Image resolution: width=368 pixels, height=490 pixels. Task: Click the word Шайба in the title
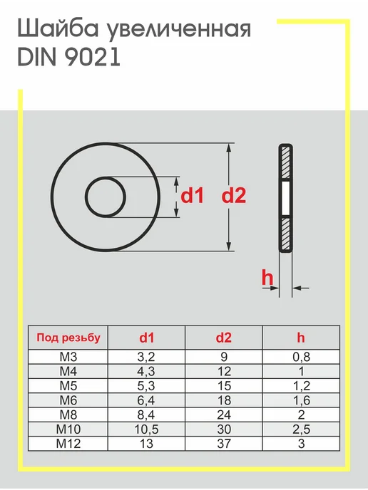58,29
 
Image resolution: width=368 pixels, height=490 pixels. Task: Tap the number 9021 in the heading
93,57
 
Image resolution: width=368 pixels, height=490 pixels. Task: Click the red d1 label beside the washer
192,195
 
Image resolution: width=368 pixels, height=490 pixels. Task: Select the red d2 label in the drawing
233,195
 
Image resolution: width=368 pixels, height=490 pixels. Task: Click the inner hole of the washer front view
105,197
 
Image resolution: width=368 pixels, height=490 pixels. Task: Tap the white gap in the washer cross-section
285,197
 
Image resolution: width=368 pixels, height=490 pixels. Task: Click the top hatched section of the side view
285,162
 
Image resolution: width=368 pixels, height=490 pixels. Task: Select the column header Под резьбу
68,338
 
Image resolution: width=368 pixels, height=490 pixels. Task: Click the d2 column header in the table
224,338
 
